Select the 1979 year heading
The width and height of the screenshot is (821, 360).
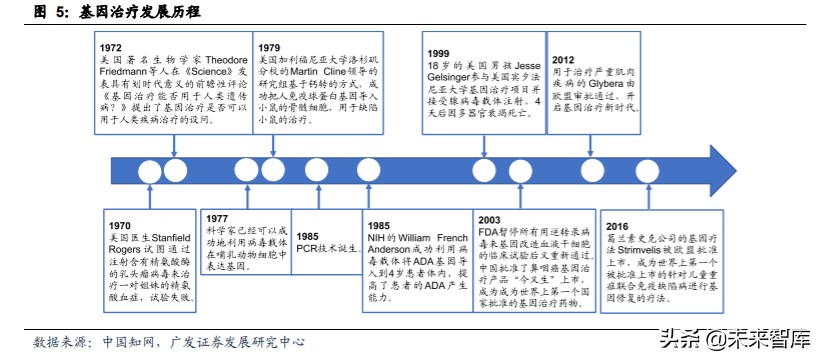click(x=269, y=47)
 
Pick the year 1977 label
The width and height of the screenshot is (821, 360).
click(x=219, y=218)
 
